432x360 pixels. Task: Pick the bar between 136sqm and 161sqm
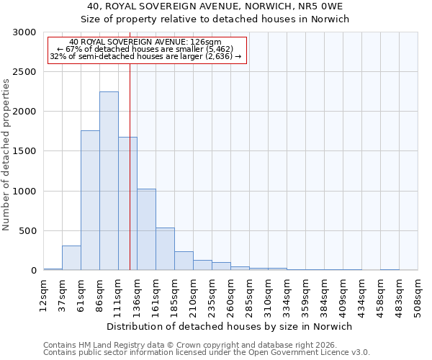pyautogui.click(x=146, y=229)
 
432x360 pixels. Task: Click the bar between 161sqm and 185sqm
pyautogui.click(x=165, y=248)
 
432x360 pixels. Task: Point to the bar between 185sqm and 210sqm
pyautogui.click(x=184, y=261)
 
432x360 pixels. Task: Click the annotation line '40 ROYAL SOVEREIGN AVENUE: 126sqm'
pyautogui.click(x=146, y=42)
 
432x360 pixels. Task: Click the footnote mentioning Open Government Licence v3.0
pyautogui.click(x=207, y=353)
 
